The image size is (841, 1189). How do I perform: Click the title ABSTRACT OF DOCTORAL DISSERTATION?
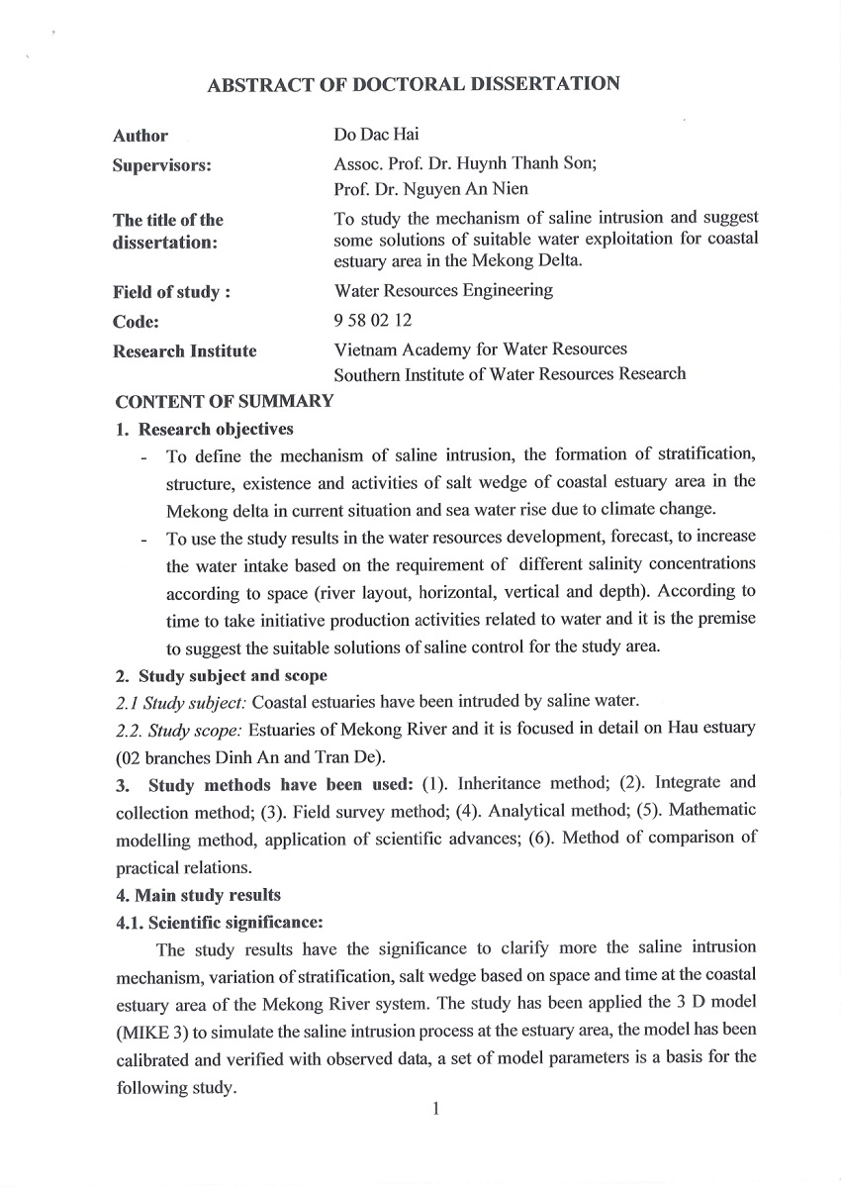coord(414,85)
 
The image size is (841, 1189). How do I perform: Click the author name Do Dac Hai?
coord(377,135)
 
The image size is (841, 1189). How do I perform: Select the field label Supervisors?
coord(162,166)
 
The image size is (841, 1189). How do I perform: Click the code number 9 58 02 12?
coord(373,321)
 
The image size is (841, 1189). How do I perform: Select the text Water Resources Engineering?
coord(443,291)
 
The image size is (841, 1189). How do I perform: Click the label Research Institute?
coord(184,350)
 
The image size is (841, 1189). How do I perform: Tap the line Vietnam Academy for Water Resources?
coord(481,349)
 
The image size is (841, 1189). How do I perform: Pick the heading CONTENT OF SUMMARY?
coord(224,401)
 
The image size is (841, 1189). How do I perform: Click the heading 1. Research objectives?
coord(205,429)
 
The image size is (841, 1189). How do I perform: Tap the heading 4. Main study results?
coord(198,895)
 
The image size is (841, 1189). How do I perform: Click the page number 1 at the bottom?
coord(434,1108)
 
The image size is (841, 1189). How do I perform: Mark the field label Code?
coord(136,322)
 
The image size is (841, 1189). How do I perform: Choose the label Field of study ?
coord(172,292)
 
